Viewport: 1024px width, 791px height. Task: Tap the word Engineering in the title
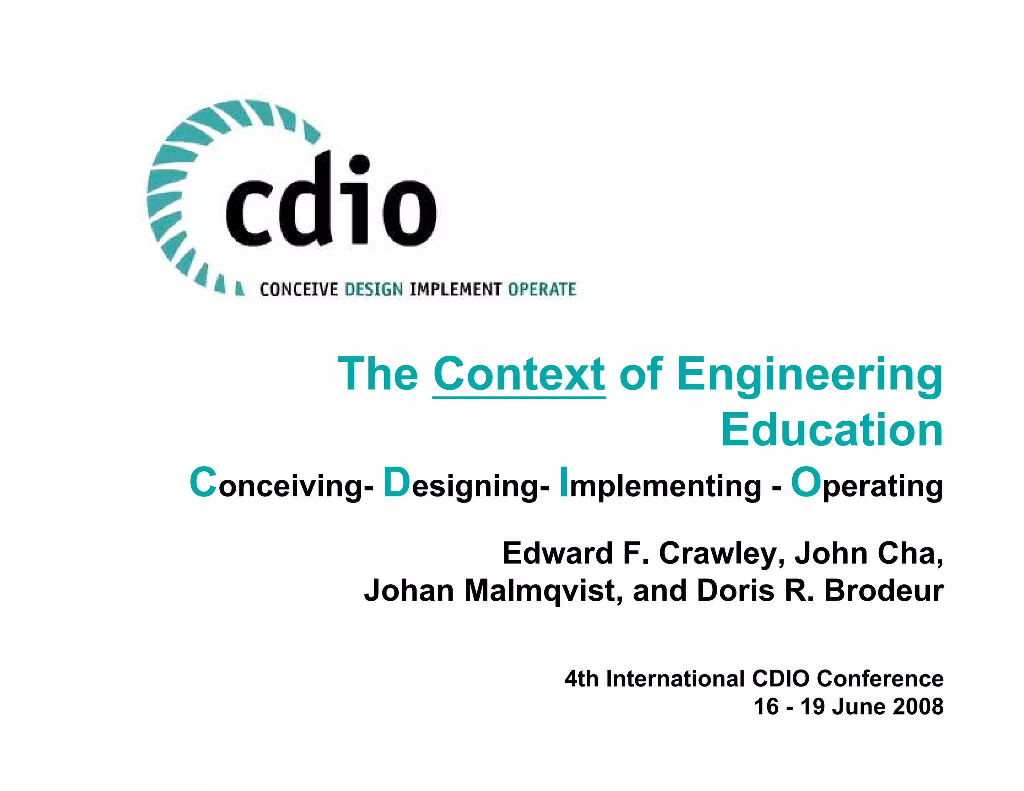810,374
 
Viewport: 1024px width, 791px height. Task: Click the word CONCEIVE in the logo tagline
299,290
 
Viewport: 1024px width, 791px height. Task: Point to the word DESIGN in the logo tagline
374,290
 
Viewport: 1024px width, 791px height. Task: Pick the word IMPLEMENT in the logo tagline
455,290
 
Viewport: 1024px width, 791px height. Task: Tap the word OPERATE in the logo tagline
542,290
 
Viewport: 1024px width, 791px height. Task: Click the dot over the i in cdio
360,163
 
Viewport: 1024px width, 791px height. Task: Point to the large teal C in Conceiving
203,482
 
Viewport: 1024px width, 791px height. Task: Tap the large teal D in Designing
396,482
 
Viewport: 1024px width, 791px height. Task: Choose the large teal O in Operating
806,482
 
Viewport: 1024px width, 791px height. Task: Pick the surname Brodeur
883,591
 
